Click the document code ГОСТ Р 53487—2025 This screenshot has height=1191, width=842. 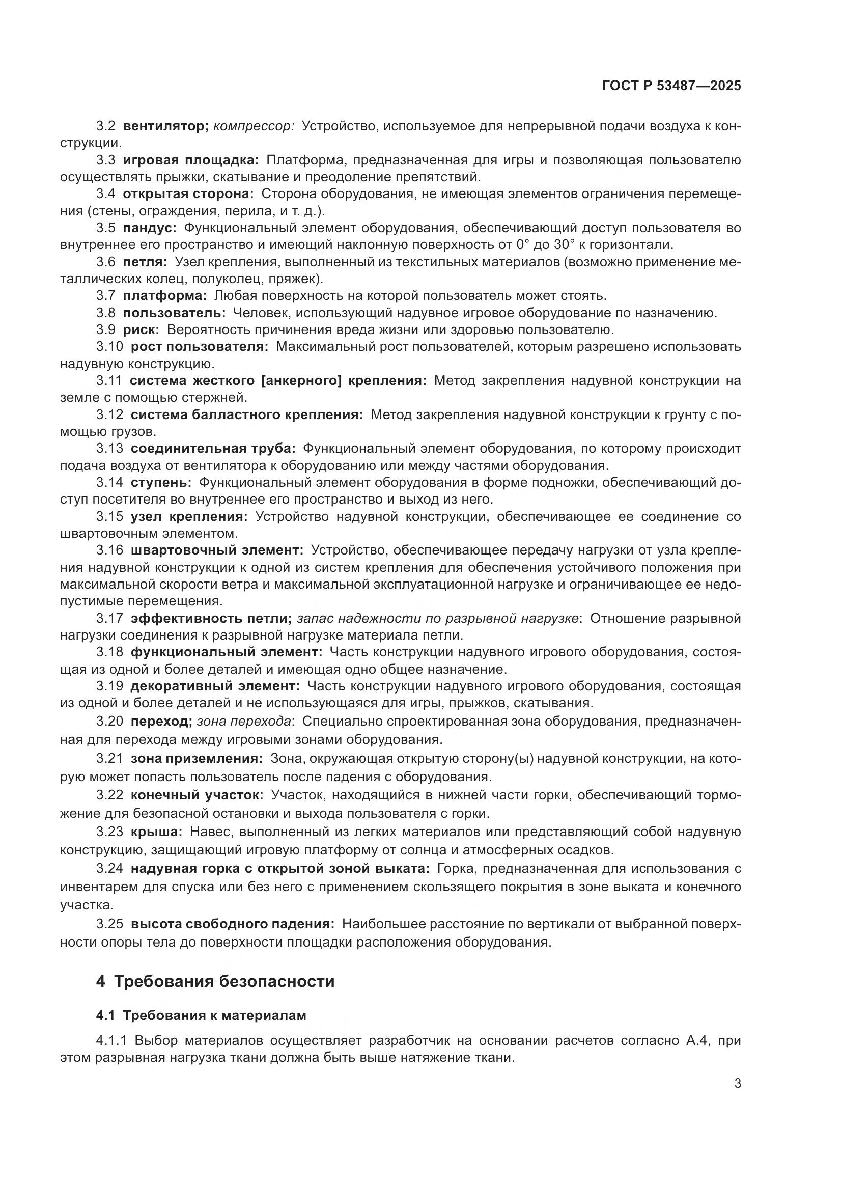pyautogui.click(x=671, y=86)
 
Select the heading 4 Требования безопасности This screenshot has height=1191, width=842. pyautogui.click(x=215, y=981)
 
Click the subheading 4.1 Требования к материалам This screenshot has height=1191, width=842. pyautogui.click(x=201, y=1016)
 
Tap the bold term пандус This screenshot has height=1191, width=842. pyautogui.click(x=150, y=228)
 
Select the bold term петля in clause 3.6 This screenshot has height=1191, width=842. pyautogui.click(x=145, y=262)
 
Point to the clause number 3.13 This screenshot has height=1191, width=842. pyautogui.click(x=109, y=448)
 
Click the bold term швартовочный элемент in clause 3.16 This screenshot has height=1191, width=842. pyautogui.click(x=217, y=550)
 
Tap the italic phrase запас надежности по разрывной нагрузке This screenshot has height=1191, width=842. pyautogui.click(x=438, y=618)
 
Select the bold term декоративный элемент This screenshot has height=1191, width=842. pyautogui.click(x=215, y=686)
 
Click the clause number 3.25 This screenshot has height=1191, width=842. pyautogui.click(x=109, y=923)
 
